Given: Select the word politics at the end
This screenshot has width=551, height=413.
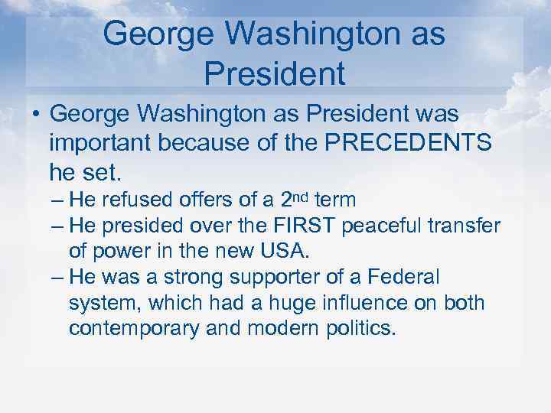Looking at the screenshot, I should click(x=355, y=329).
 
